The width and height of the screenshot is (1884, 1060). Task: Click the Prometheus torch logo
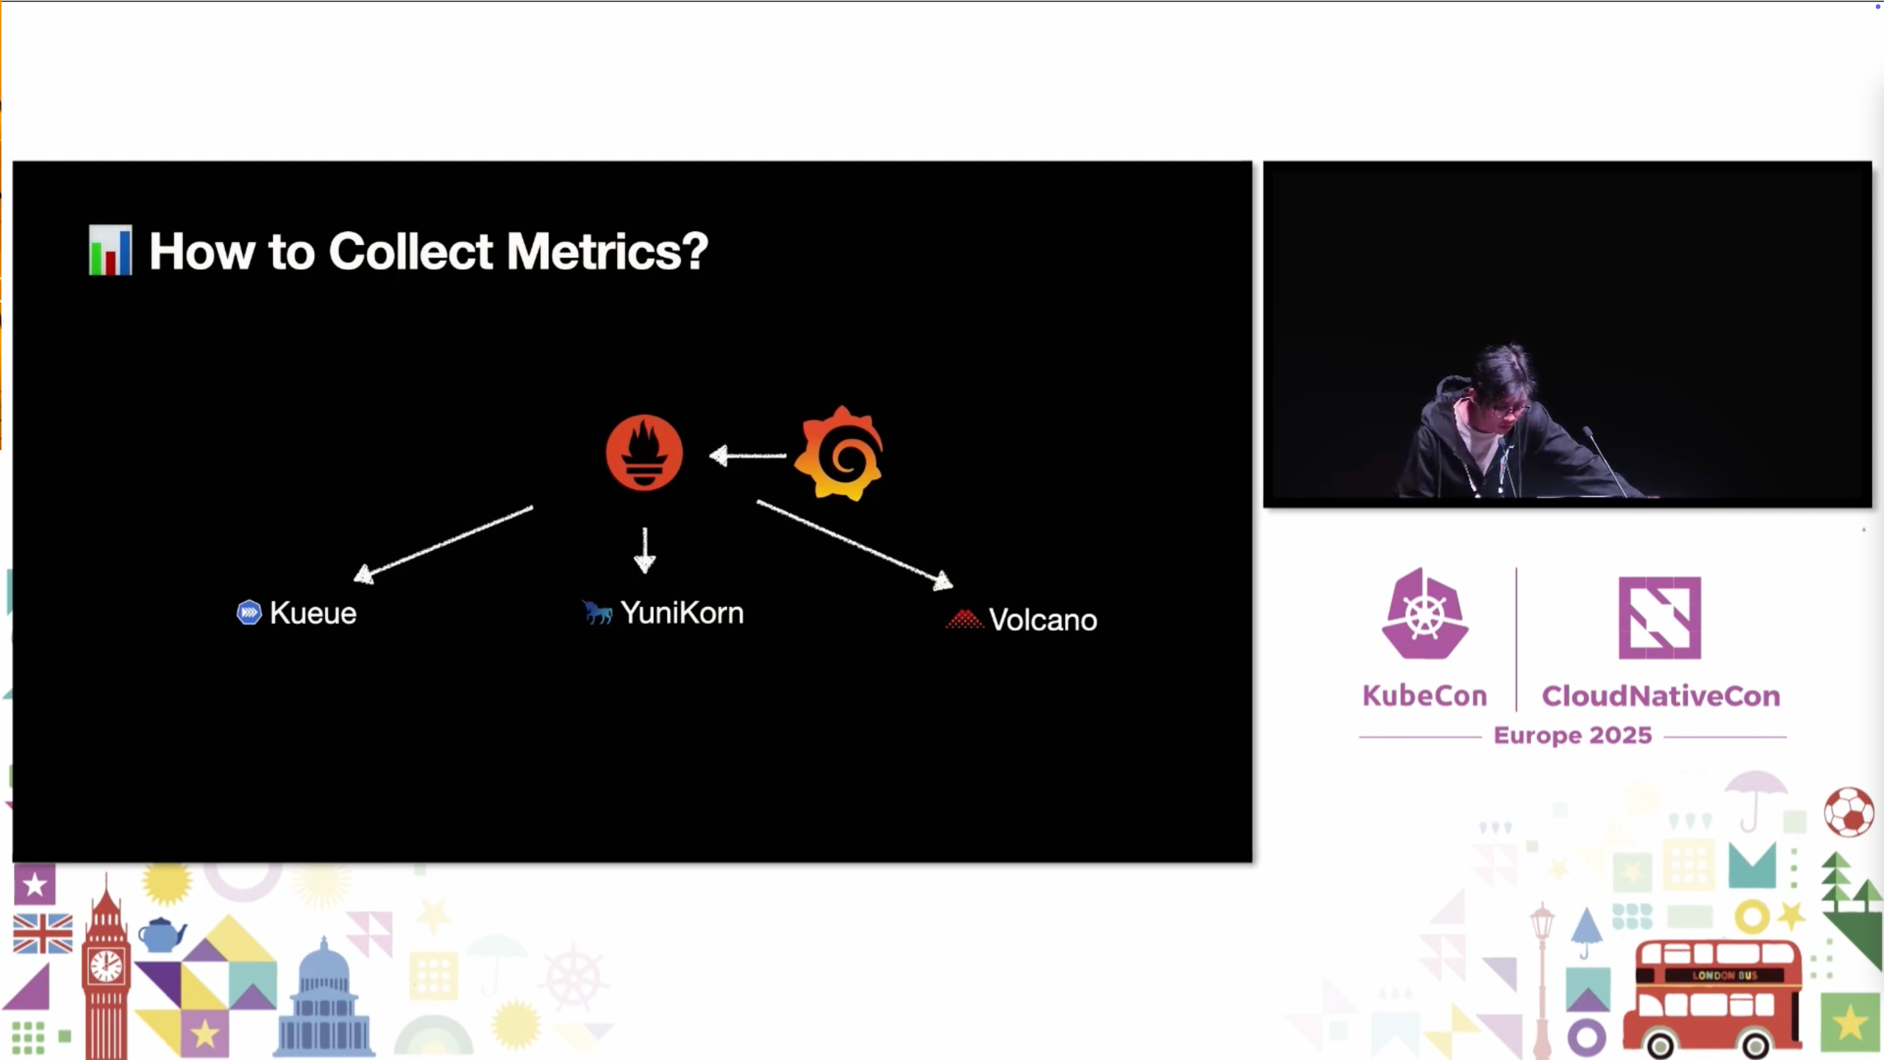tap(644, 452)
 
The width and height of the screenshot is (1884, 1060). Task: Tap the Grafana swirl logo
tap(840, 454)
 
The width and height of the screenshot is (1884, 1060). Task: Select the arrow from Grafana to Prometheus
tap(747, 456)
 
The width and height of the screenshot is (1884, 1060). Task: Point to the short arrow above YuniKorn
tap(645, 550)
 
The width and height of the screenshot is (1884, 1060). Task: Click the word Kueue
tap(313, 613)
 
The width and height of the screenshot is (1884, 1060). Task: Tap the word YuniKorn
tap(682, 613)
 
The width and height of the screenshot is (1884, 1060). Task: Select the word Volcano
tap(1043, 620)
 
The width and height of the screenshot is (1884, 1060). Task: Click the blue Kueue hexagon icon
tap(249, 612)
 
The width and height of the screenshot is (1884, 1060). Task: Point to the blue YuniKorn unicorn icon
tap(597, 612)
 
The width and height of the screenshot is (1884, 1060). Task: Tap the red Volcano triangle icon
tap(964, 619)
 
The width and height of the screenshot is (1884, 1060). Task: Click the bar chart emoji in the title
tap(110, 251)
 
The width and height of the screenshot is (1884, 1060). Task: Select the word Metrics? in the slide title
tap(607, 252)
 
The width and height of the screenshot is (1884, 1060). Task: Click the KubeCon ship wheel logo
tap(1424, 614)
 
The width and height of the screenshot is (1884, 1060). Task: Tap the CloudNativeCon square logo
tap(1660, 618)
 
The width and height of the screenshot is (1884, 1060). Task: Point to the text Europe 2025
tap(1573, 735)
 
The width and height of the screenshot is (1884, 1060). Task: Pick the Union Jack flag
tap(43, 933)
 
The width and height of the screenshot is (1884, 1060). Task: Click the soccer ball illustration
tap(1849, 812)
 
